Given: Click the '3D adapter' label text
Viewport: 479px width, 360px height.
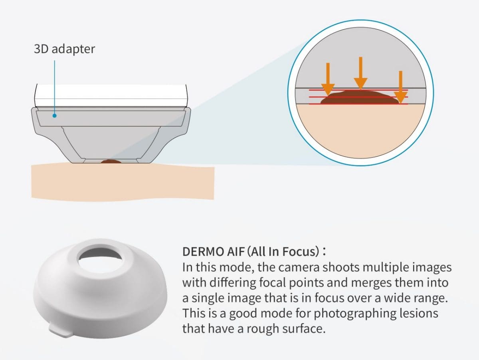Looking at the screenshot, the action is click(64, 49).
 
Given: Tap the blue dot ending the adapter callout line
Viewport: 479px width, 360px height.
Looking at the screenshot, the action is click(55, 115).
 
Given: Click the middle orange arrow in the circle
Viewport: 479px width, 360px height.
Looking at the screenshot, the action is click(360, 73).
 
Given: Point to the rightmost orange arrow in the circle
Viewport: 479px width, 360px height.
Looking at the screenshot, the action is click(400, 87).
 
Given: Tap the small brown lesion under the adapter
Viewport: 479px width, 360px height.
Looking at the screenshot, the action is click(111, 161).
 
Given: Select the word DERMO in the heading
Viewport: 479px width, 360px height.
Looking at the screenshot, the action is click(202, 252).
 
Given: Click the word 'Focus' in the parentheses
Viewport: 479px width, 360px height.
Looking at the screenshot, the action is click(301, 252).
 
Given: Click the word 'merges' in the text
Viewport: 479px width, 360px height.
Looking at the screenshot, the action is click(371, 283).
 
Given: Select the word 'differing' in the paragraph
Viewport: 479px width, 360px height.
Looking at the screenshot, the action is click(233, 282).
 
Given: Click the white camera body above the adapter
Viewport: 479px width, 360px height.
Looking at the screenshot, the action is click(111, 95).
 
